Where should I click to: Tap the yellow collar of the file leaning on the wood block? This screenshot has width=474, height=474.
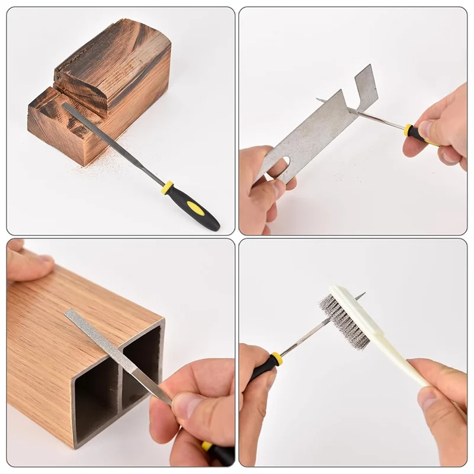[168, 188]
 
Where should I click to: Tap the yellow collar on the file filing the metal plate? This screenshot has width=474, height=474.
[408, 130]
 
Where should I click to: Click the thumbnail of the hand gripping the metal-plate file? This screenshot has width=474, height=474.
[425, 129]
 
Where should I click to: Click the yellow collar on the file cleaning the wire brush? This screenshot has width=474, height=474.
[276, 358]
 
